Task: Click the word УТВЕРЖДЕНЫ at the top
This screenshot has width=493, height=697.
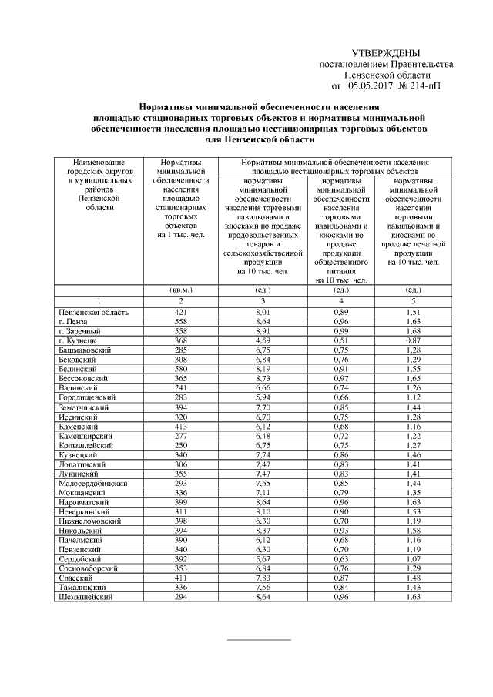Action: [385, 53]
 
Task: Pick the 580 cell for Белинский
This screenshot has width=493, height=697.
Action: [179, 369]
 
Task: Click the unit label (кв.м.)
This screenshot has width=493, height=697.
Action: [179, 290]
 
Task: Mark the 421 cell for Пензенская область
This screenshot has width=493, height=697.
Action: [179, 312]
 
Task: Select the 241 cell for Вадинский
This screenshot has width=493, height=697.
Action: [179, 388]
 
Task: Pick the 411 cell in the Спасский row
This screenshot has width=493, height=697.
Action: [179, 578]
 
